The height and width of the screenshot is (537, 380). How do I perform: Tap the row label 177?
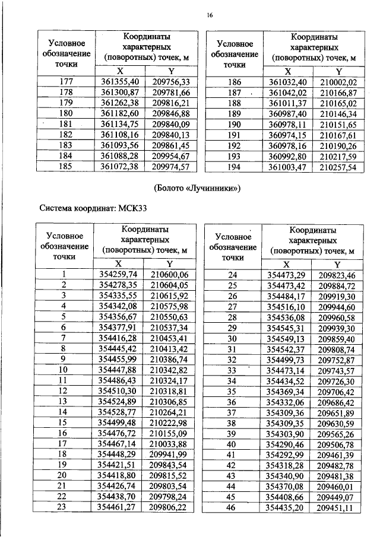click(x=67, y=81)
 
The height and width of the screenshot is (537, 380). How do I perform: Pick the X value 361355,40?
click(x=121, y=81)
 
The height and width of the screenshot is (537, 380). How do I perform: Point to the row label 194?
click(x=235, y=167)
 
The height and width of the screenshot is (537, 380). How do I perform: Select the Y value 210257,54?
click(x=337, y=167)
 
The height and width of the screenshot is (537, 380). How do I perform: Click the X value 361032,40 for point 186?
click(x=287, y=82)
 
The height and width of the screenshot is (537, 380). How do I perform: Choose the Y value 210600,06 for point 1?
click(x=169, y=274)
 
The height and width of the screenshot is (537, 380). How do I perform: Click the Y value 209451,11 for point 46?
click(x=336, y=509)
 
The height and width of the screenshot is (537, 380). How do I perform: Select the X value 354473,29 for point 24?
click(x=287, y=275)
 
